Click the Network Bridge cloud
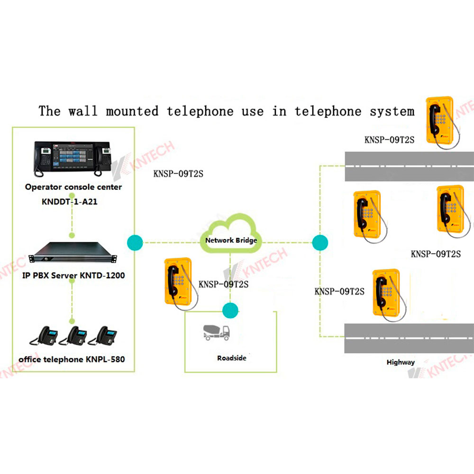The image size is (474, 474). [x=231, y=232]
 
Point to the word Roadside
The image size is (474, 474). [x=231, y=358]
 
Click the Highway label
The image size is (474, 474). [x=401, y=362]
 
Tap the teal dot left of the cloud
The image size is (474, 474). [x=135, y=242]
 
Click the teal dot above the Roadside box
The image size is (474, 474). [x=230, y=310]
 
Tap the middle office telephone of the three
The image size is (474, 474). [x=75, y=336]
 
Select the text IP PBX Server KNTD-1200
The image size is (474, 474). [x=73, y=275]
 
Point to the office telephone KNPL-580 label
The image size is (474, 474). [x=72, y=359]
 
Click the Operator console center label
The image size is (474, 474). [x=73, y=187]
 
